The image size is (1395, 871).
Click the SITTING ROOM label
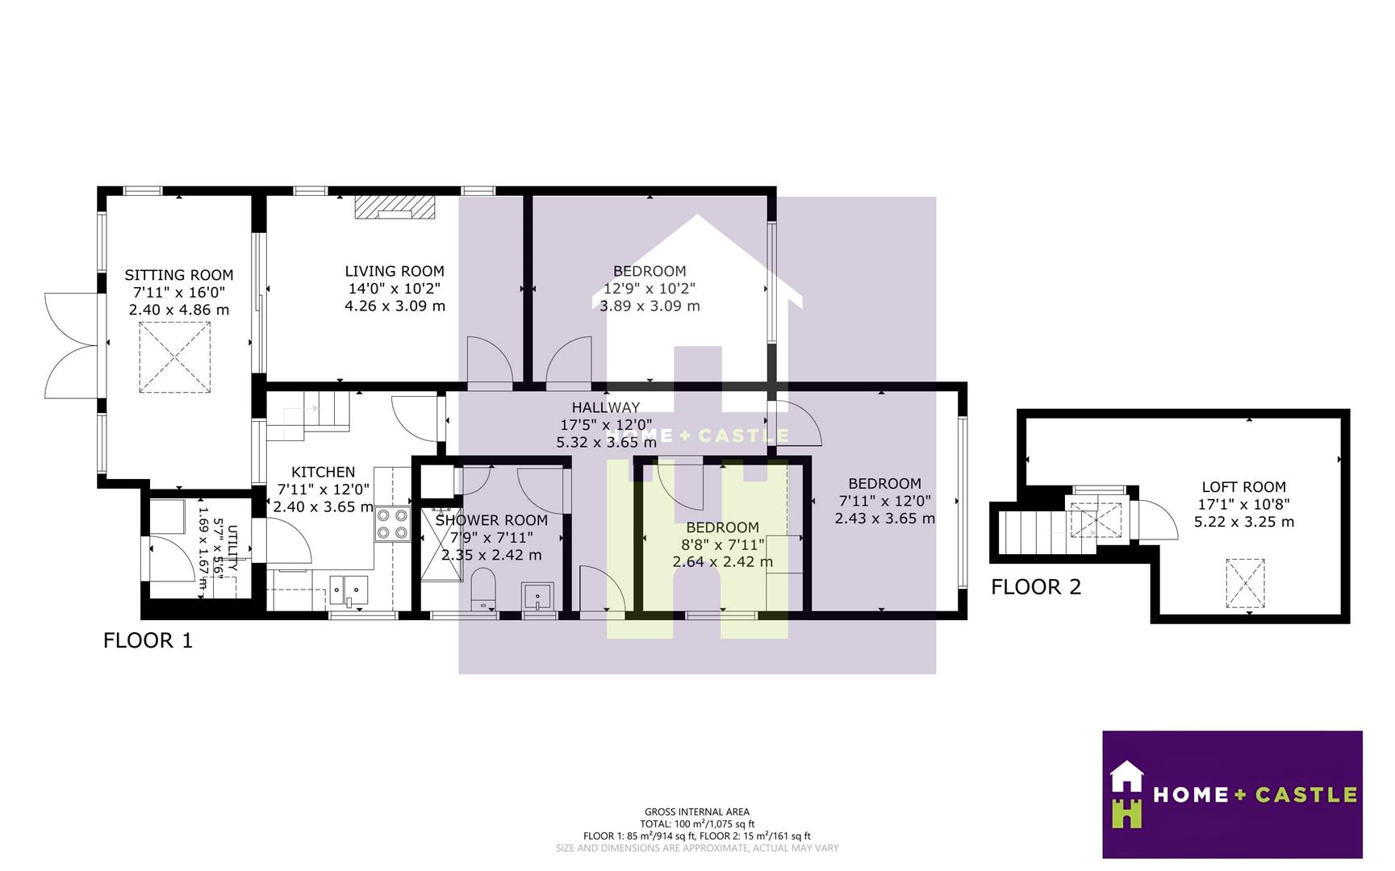tap(178, 275)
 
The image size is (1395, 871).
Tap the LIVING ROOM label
tap(395, 272)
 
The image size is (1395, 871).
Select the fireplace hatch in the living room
tap(395, 207)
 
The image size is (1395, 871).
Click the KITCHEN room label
tap(323, 472)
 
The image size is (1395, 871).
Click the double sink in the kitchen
tap(349, 591)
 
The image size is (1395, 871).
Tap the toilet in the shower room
tap(482, 588)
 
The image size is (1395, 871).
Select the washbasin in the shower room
tap(538, 597)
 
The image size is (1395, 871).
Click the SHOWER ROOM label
tap(491, 520)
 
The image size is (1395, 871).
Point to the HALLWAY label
tap(606, 407)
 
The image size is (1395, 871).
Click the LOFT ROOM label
tap(1243, 487)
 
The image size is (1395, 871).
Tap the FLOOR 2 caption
tap(1035, 587)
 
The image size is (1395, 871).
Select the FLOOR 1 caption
tap(148, 641)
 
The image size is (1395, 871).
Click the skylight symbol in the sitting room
tap(174, 357)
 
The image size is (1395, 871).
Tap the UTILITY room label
tap(232, 548)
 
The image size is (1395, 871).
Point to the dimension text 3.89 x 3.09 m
tap(649, 306)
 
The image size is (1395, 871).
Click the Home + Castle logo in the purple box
tap(1232, 794)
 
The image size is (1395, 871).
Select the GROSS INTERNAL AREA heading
tap(696, 812)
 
